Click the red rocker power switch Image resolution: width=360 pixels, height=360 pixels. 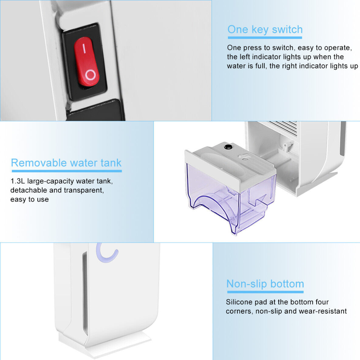87,62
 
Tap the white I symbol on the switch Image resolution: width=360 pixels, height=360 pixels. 84,48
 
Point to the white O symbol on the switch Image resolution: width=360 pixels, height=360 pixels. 90,75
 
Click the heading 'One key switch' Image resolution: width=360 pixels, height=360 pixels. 265,30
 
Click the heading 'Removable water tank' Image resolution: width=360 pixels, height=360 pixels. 66,163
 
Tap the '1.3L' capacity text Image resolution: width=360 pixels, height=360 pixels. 18,181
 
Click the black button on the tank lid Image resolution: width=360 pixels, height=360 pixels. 228,147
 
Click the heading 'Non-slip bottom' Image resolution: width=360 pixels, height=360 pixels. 265,284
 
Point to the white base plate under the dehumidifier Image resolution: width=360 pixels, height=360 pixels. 104,344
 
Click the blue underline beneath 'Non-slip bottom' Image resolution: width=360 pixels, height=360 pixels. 265,292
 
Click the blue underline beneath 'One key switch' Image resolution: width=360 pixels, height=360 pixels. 265,38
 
